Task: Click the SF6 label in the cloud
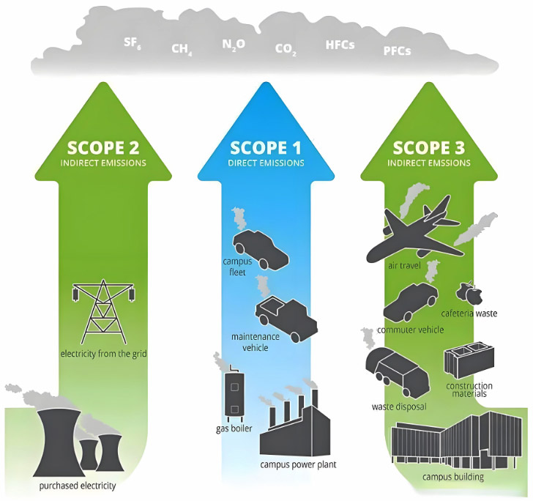[133, 43]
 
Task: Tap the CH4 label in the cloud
[182, 49]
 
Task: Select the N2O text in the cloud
[234, 45]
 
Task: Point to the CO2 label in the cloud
[286, 50]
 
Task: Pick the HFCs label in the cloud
[340, 45]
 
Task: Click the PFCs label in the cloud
[397, 51]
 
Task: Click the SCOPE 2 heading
[103, 148]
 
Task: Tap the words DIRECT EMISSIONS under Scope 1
[266, 163]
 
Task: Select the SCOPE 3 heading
[428, 148]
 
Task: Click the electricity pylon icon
[104, 311]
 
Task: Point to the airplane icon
[414, 231]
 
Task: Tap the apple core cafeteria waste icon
[469, 293]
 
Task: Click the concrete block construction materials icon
[469, 361]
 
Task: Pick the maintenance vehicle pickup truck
[286, 319]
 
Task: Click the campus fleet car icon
[261, 250]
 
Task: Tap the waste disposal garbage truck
[398, 372]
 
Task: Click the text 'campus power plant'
[298, 464]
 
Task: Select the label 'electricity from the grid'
[104, 354]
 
